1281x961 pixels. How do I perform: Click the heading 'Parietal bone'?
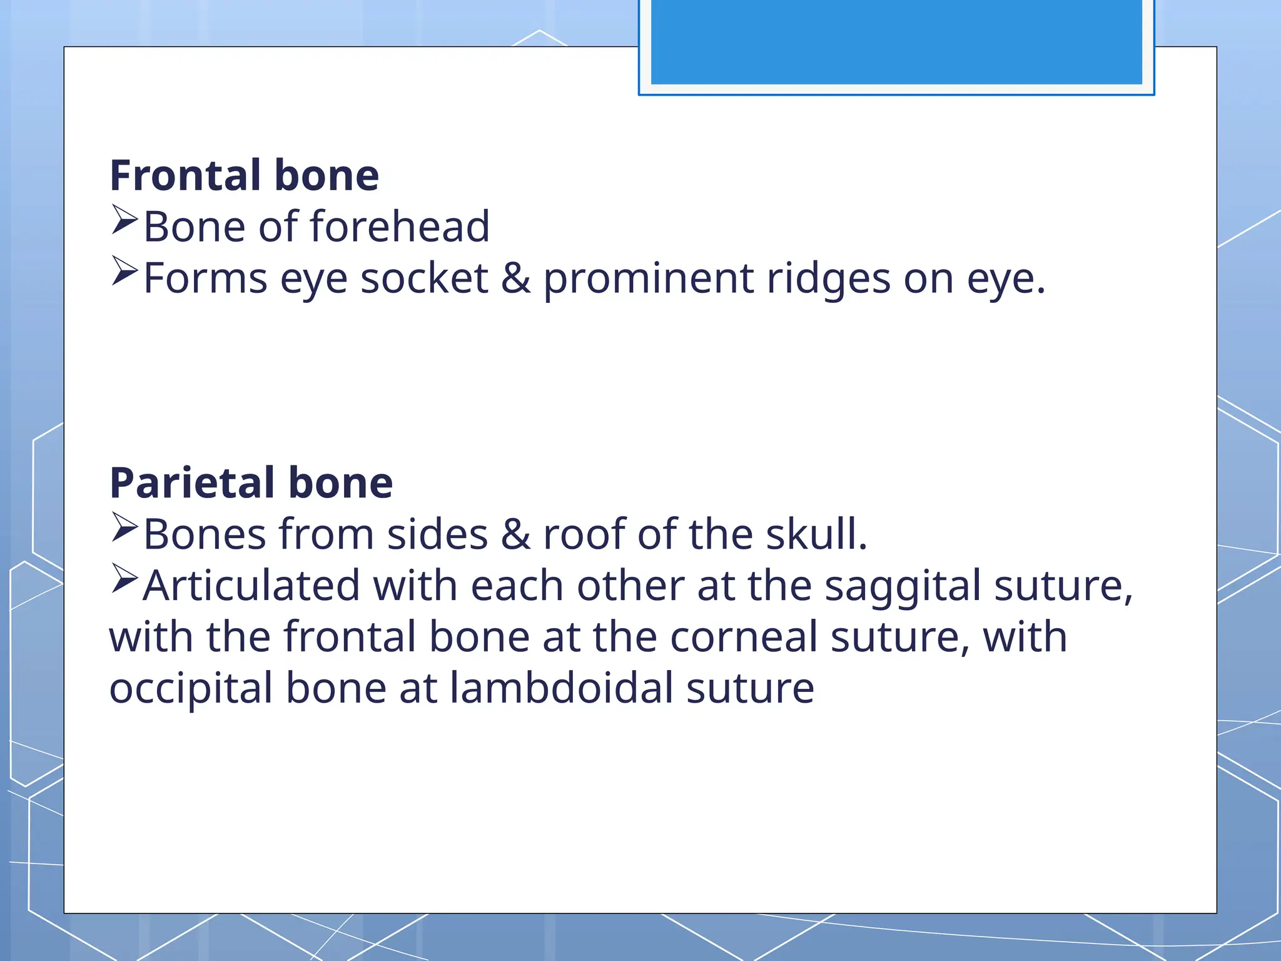[x=251, y=483]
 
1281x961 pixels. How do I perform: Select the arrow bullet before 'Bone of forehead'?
[x=124, y=220]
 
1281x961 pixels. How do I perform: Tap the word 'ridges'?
[x=828, y=280]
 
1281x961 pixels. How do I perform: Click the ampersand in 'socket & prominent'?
[x=515, y=278]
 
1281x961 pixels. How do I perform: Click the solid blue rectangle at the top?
[x=896, y=41]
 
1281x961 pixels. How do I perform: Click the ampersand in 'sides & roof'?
[x=515, y=534]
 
